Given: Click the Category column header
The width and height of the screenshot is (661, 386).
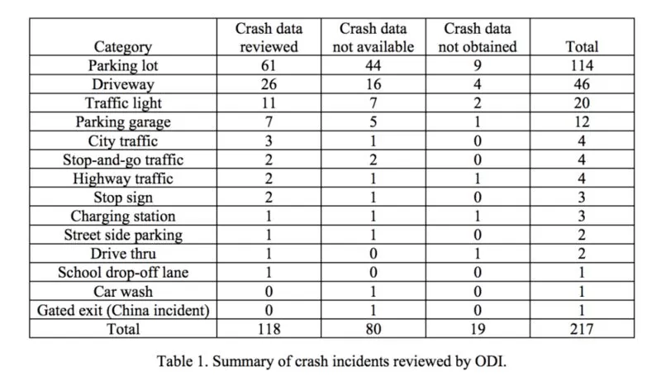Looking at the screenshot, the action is pyautogui.click(x=122, y=47).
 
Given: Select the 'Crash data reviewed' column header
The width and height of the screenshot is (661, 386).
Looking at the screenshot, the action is pyautogui.click(x=269, y=37).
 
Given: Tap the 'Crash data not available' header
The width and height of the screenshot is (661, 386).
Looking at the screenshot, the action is pyautogui.click(x=373, y=37).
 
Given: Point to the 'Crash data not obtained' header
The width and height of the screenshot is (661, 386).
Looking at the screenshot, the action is pyautogui.click(x=478, y=37).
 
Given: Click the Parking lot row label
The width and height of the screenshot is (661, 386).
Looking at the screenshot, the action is pyautogui.click(x=122, y=65).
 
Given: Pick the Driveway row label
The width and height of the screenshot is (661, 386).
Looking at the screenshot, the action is pyautogui.click(x=122, y=84).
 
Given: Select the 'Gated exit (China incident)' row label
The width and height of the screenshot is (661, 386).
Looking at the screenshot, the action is pyautogui.click(x=123, y=311).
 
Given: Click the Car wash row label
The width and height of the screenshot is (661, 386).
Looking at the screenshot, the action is pyautogui.click(x=122, y=292).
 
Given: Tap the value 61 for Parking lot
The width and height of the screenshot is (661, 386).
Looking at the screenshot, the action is pyautogui.click(x=269, y=65).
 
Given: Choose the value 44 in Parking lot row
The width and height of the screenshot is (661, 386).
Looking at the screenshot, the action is pyautogui.click(x=373, y=65).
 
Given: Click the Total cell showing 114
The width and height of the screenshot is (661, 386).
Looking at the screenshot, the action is pyautogui.click(x=582, y=65).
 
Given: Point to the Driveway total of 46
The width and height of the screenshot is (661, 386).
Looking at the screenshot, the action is pyautogui.click(x=582, y=84).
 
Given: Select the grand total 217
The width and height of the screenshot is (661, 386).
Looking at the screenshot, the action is pyautogui.click(x=582, y=329).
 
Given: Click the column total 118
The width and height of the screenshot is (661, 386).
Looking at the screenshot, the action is pyautogui.click(x=269, y=329).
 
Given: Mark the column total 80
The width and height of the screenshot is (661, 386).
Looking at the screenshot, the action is pyautogui.click(x=373, y=329).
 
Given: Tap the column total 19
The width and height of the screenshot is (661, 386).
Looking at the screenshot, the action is pyautogui.click(x=478, y=329).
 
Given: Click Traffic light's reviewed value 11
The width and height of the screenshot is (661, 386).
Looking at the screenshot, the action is pyautogui.click(x=269, y=103).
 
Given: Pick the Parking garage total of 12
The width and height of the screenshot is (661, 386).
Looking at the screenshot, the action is pyautogui.click(x=582, y=122).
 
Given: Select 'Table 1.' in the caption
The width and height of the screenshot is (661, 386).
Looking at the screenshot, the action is pyautogui.click(x=183, y=361).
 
